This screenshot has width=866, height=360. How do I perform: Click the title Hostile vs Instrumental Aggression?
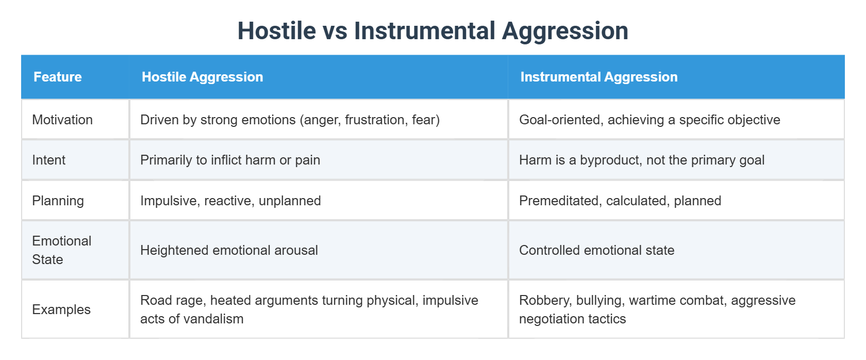[x=432, y=31]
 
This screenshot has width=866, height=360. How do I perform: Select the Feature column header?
[x=58, y=77]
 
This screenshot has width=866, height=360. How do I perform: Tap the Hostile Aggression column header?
[x=202, y=77]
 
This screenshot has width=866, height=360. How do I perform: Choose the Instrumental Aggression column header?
[x=598, y=77]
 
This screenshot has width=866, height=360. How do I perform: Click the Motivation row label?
[x=62, y=120]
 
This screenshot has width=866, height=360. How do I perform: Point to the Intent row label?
[x=49, y=160]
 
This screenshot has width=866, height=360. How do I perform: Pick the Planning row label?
[x=58, y=201]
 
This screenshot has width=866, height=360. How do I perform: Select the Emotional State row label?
[x=61, y=250]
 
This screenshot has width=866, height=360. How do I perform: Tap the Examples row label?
[x=61, y=309]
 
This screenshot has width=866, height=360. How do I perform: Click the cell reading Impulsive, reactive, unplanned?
[x=230, y=201]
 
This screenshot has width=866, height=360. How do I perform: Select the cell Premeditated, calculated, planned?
[x=620, y=201]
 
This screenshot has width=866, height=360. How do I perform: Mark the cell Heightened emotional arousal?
[x=229, y=250]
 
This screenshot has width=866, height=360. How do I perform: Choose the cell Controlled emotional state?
[x=596, y=250]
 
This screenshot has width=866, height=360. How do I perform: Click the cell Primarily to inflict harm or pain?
[x=230, y=160]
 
